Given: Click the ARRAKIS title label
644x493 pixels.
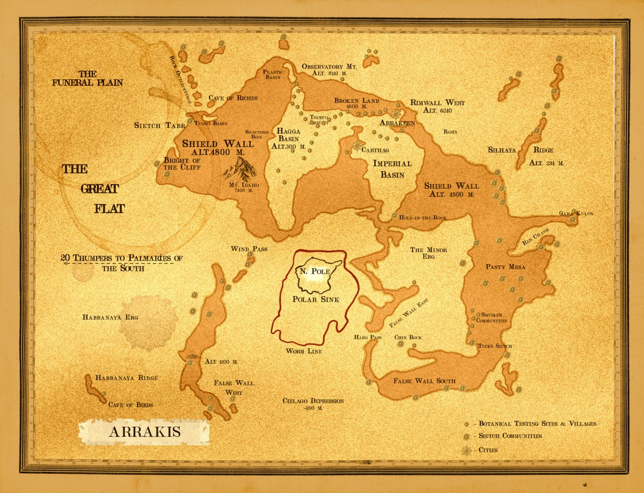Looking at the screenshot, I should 144,432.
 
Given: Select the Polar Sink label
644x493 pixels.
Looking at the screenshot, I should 316,299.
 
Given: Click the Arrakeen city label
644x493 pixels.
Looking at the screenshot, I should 397,123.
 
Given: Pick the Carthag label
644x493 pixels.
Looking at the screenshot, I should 376,150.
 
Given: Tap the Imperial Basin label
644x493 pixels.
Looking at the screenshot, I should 392,169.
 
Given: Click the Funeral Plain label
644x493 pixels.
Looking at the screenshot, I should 88,78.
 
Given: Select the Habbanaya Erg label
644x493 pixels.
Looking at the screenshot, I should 110,317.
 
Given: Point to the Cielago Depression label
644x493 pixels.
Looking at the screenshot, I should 313,404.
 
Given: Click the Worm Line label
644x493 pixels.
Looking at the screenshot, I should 303,351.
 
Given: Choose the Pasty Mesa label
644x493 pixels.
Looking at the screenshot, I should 506,267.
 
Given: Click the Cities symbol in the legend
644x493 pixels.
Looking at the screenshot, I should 466,451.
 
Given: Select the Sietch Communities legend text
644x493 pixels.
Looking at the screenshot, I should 510,436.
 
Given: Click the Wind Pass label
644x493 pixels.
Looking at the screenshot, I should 249,249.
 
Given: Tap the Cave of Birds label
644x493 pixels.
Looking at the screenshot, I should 130,405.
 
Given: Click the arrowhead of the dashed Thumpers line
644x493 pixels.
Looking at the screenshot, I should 63,263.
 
